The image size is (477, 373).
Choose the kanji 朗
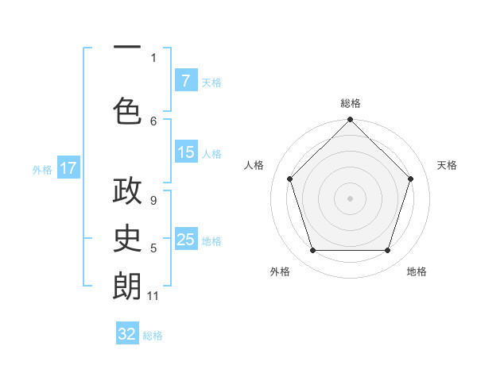point(127,286)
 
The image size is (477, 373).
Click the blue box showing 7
point(185,80)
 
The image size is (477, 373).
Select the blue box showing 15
point(185,152)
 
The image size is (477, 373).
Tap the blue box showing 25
point(185,240)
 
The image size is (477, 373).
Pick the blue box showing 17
point(68,168)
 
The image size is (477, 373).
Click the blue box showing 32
point(127,334)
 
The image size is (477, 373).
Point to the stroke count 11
point(153,296)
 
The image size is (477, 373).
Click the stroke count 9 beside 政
point(153,200)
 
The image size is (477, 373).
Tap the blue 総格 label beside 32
point(153,336)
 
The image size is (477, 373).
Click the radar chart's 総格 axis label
point(351,103)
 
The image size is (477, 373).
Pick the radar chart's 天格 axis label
point(447,165)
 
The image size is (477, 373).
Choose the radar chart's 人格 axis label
point(254,165)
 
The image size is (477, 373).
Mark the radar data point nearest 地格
point(387,251)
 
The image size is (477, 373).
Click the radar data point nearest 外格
point(312,251)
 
